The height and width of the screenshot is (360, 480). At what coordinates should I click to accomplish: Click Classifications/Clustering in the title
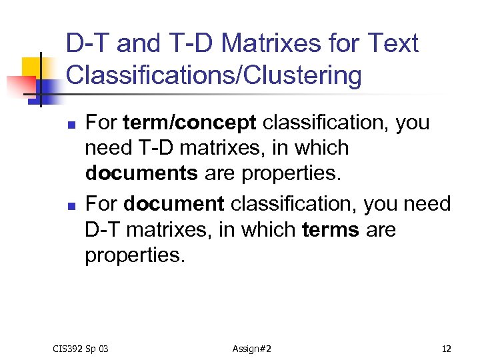(214, 75)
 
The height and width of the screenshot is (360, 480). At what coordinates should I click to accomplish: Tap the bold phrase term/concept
(190, 123)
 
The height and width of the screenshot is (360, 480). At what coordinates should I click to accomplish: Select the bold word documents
(141, 173)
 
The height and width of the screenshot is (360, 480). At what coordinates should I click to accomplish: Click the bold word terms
(331, 230)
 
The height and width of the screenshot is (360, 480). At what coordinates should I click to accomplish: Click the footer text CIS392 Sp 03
(80, 349)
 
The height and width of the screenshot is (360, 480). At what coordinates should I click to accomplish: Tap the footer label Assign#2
(251, 349)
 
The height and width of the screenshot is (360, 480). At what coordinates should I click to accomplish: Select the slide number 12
(446, 349)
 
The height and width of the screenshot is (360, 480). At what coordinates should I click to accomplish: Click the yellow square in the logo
(33, 69)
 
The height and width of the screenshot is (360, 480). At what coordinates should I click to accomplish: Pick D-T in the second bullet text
(104, 230)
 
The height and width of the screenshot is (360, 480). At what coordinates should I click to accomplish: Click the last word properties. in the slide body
(133, 255)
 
